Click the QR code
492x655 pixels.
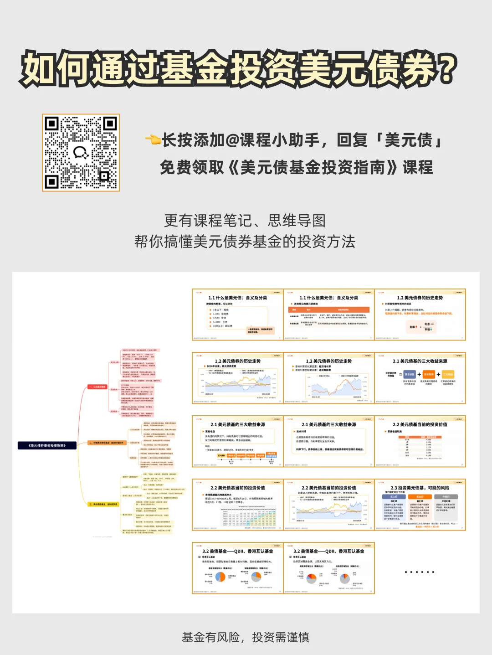coord(81,152)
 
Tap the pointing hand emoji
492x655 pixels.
coord(153,139)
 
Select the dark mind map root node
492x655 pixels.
coord(47,445)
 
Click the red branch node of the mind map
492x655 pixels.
coord(97,387)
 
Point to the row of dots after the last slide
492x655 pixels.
coord(419,572)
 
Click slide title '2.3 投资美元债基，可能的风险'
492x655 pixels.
coord(420,488)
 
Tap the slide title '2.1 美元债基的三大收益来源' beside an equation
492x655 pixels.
coord(420,361)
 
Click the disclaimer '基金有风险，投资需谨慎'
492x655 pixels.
coord(246,637)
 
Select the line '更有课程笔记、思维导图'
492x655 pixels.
coord(245,221)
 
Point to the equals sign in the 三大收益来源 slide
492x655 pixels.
coord(400,374)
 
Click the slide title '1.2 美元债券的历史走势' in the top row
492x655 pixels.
coord(420,298)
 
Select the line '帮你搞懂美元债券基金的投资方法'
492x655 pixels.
coord(245,242)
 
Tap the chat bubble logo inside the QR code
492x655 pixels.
coord(81,152)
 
